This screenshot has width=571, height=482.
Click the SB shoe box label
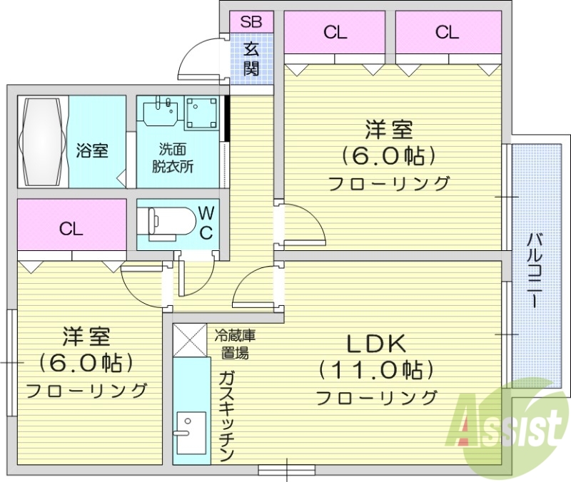tap(251, 21)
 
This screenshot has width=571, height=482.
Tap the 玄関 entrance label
tap(251, 59)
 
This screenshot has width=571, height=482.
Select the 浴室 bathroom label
tap(92, 150)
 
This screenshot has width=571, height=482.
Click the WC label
tap(206, 222)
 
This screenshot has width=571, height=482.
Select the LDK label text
tap(376, 344)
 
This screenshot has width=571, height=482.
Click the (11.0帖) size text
tap(376, 370)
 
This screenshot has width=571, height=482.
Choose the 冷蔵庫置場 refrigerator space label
tap(236, 343)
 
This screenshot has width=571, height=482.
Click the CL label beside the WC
tap(71, 229)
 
